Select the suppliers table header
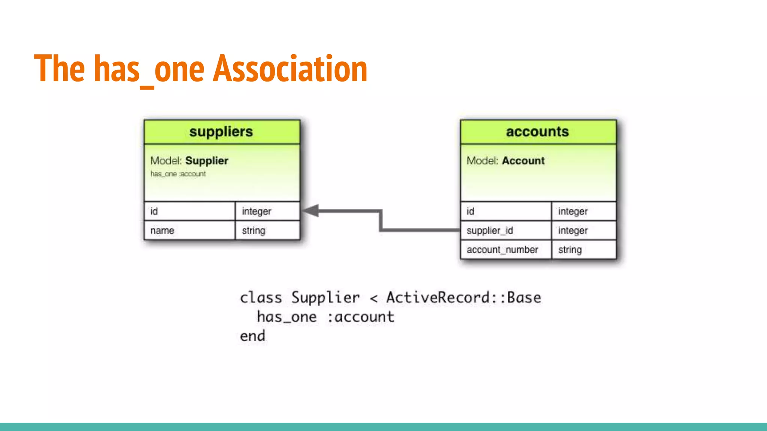tap(221, 132)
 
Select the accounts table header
tap(537, 132)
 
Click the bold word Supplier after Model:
tap(207, 161)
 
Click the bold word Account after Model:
tap(523, 161)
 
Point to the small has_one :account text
tap(178, 174)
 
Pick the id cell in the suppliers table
tap(190, 211)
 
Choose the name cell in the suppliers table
tap(190, 230)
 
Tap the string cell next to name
tap(267, 230)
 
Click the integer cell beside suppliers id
tap(267, 211)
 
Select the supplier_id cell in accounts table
tap(506, 230)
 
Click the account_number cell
tap(506, 250)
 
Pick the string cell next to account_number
tap(583, 250)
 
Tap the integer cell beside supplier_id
tap(583, 230)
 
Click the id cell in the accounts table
tap(506, 211)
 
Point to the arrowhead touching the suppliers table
tap(311, 211)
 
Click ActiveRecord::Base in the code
tap(464, 298)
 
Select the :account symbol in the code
tap(361, 317)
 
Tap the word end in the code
tap(252, 336)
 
